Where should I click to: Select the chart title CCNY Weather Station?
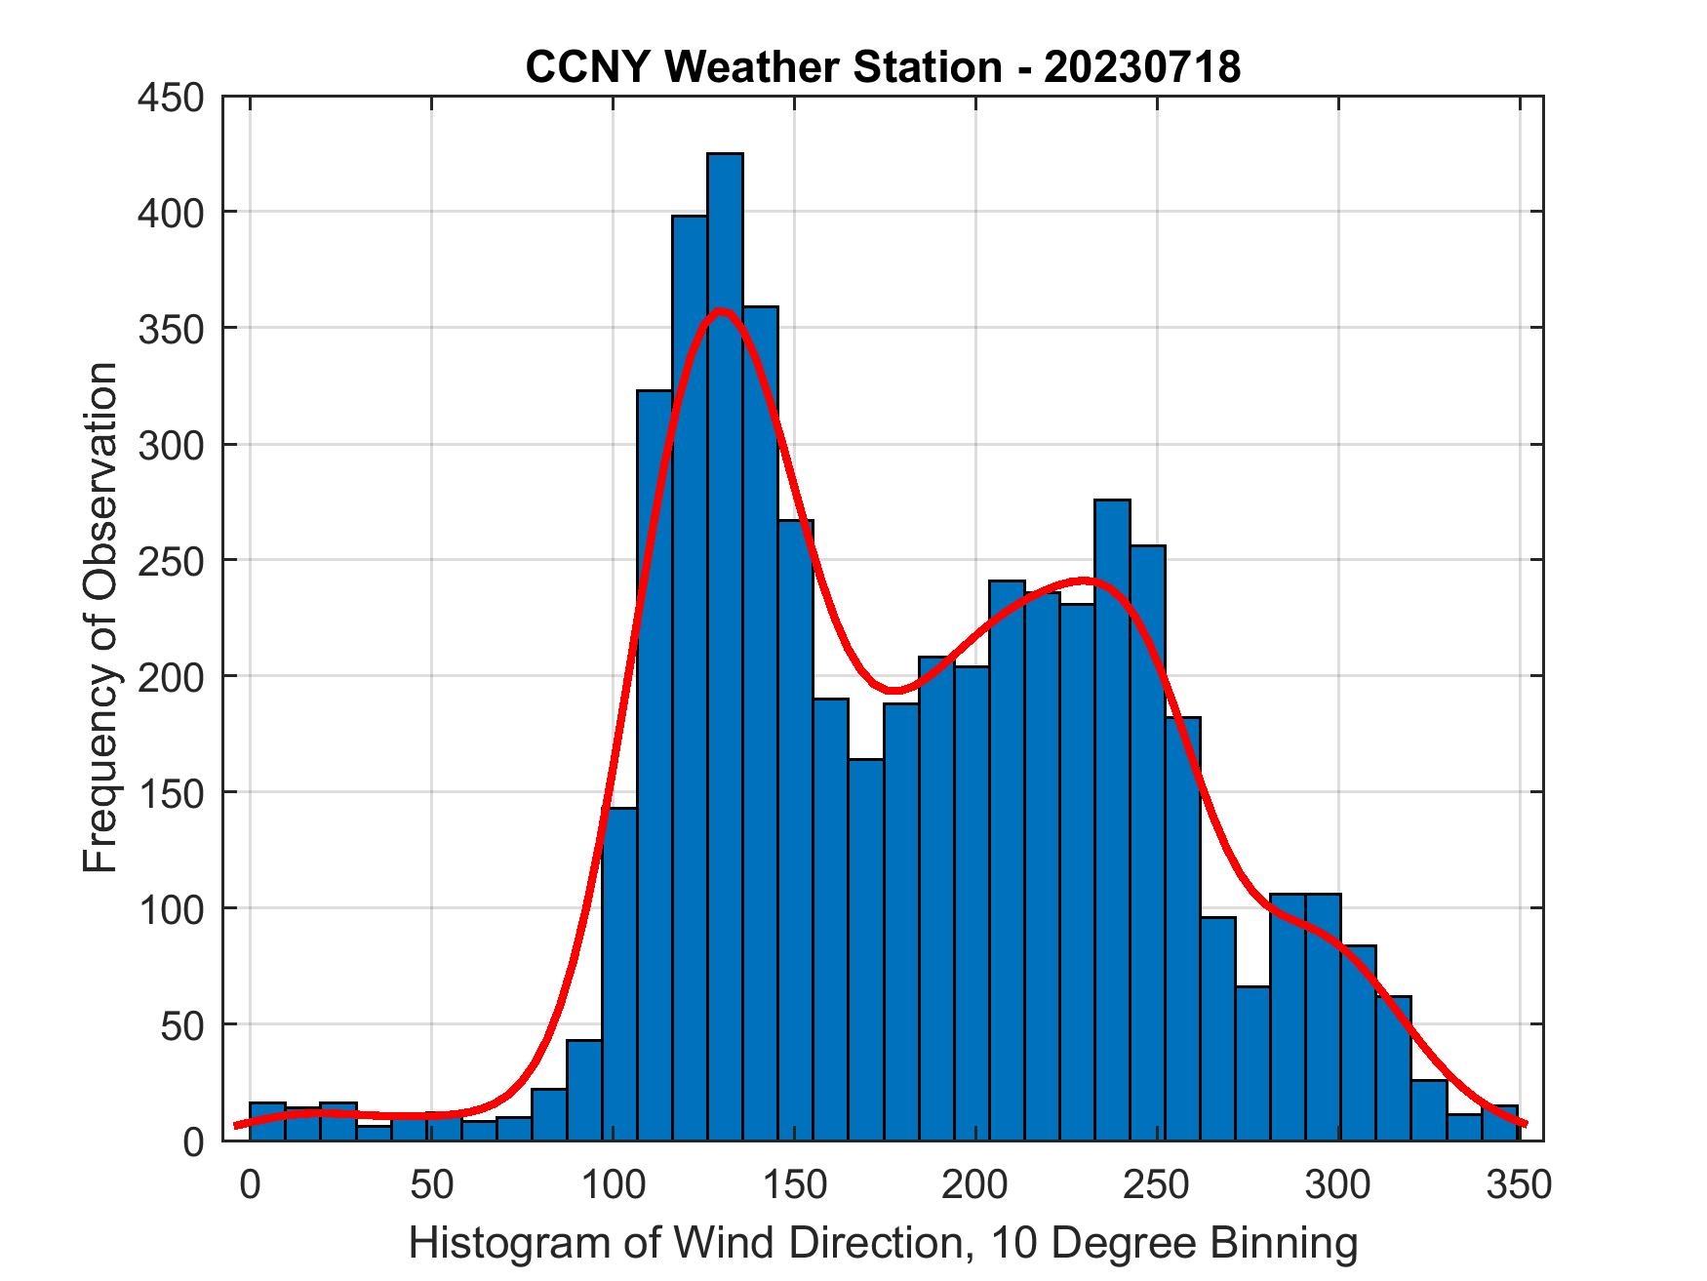click(762, 67)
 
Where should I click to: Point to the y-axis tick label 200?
click(171, 676)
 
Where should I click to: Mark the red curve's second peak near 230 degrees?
click(1083, 581)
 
